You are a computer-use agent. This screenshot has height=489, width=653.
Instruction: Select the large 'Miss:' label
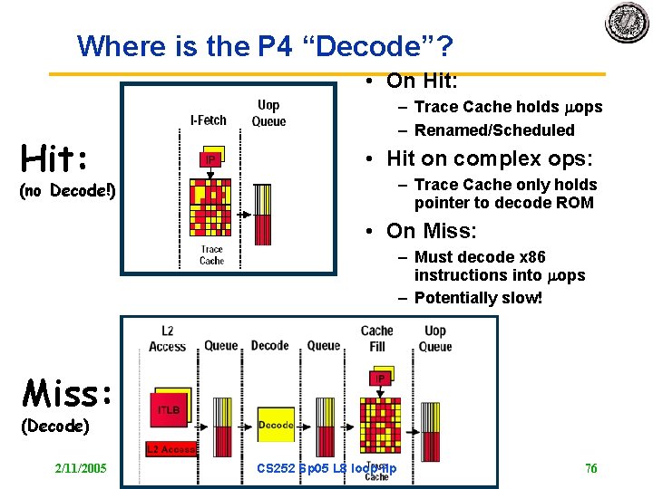point(67,393)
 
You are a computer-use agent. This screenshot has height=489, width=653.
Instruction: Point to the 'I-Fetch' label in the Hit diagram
point(209,120)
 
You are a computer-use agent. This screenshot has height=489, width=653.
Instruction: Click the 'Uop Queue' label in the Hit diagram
point(268,113)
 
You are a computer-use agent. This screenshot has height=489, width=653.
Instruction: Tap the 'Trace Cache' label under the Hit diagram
point(211,254)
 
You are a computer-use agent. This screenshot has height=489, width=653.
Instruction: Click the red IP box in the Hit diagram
point(210,160)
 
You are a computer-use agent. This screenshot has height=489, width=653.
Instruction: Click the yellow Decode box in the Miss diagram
point(275,424)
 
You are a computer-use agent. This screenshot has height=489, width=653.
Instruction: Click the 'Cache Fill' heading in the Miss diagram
point(376,338)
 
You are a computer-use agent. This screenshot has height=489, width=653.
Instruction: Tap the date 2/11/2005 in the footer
point(81,468)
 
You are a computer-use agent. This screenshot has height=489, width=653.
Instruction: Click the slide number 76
point(591,468)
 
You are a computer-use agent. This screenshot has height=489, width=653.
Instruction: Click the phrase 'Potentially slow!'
point(478,298)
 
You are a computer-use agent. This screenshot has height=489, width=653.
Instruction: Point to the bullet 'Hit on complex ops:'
point(490,158)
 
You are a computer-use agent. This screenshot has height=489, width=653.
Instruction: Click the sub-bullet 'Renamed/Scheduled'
point(494,130)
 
